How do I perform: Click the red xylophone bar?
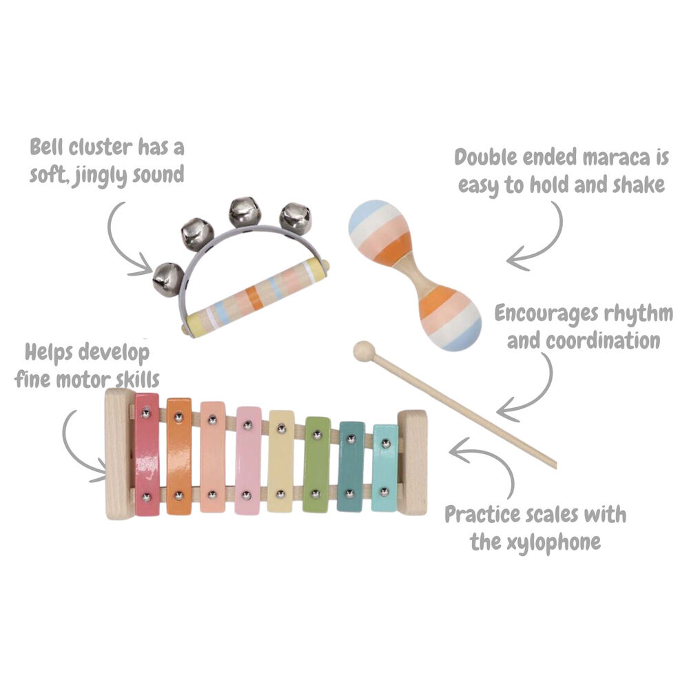pyautogui.click(x=146, y=455)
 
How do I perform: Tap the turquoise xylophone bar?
pyautogui.click(x=384, y=469)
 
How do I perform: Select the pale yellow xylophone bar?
pyautogui.click(x=280, y=462)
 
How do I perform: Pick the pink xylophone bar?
pyautogui.click(x=247, y=460)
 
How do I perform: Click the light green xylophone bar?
pyautogui.click(x=316, y=464)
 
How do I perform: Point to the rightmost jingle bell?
pyautogui.click(x=294, y=218)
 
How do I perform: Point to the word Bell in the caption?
pyautogui.click(x=50, y=147)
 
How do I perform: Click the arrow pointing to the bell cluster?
pyautogui.click(x=127, y=238)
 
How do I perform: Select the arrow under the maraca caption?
pyautogui.click(x=544, y=238)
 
